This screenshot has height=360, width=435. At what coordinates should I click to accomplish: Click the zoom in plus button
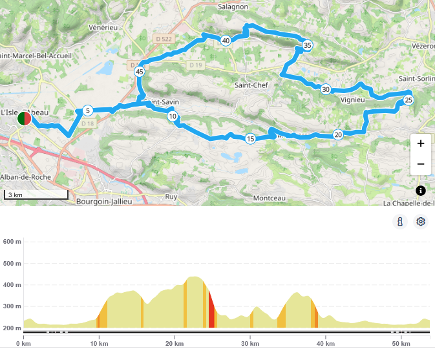tap(420, 143)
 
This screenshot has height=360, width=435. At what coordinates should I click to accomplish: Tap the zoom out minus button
tap(420, 164)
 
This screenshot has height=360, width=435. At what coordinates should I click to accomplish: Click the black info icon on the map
tap(421, 190)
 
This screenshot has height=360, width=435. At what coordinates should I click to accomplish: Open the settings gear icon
tap(421, 222)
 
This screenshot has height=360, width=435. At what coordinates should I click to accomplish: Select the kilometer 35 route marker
tap(307, 45)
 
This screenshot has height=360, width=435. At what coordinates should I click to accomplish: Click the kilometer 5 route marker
tap(87, 111)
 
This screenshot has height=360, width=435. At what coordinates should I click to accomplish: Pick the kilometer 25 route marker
tap(408, 100)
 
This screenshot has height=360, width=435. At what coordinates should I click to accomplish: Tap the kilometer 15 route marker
tap(250, 138)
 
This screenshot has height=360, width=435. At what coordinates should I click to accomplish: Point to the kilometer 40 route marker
tap(226, 41)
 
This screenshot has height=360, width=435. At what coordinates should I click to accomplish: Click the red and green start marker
tap(24, 119)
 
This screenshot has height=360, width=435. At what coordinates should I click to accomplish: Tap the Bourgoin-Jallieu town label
tap(104, 201)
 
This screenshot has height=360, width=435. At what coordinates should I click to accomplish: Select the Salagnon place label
tap(233, 6)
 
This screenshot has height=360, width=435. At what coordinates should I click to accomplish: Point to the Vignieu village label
tap(353, 100)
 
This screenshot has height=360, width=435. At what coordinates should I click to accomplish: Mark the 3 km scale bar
tap(36, 195)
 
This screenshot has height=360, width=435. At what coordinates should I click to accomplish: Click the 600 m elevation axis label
tap(12, 242)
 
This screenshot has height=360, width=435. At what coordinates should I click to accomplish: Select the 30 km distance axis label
tap(249, 343)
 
